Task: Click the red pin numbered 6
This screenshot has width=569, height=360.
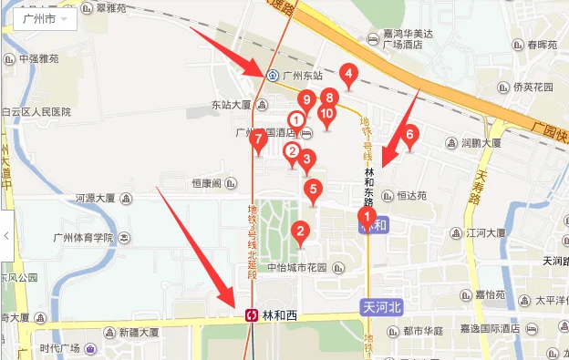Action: (x=409, y=135)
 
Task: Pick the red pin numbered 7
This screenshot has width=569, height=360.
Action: (x=259, y=139)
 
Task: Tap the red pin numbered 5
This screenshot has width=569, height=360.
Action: (x=314, y=190)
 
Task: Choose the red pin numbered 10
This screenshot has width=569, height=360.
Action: (x=327, y=114)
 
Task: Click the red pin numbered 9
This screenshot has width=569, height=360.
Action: (x=307, y=99)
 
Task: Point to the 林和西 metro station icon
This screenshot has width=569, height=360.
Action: (x=251, y=315)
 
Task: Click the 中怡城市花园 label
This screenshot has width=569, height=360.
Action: (x=303, y=268)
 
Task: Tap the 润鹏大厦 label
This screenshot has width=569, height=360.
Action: (x=480, y=143)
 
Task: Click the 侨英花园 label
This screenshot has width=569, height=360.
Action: (x=533, y=87)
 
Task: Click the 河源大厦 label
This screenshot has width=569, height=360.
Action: (x=95, y=198)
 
